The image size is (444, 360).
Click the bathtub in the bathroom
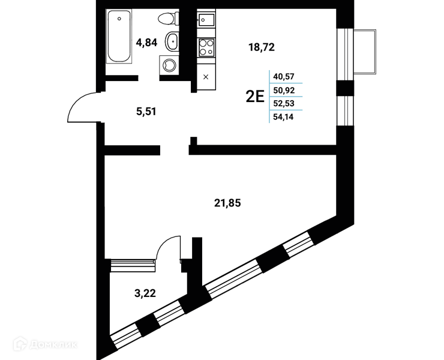[x=119, y=36]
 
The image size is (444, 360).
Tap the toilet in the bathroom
[x=168, y=19]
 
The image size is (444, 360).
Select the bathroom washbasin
[x=172, y=41]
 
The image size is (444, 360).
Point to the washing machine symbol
[x=169, y=65]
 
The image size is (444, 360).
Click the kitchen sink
[x=206, y=19]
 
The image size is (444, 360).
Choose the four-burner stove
[x=206, y=47]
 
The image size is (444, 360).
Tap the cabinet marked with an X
[x=206, y=77]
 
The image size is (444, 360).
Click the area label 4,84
[x=146, y=43]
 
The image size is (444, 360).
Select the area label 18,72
[x=262, y=47]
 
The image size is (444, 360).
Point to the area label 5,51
[x=146, y=112]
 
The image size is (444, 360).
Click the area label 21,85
[x=227, y=203]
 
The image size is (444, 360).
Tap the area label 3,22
[x=145, y=293]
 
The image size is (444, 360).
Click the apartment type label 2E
[x=255, y=97]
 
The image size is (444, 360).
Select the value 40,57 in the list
[x=284, y=76]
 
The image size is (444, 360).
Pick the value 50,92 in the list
[x=284, y=91]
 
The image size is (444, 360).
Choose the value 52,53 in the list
[x=284, y=103]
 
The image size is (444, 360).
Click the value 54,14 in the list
[x=283, y=116]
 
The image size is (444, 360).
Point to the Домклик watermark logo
[x=45, y=344]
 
